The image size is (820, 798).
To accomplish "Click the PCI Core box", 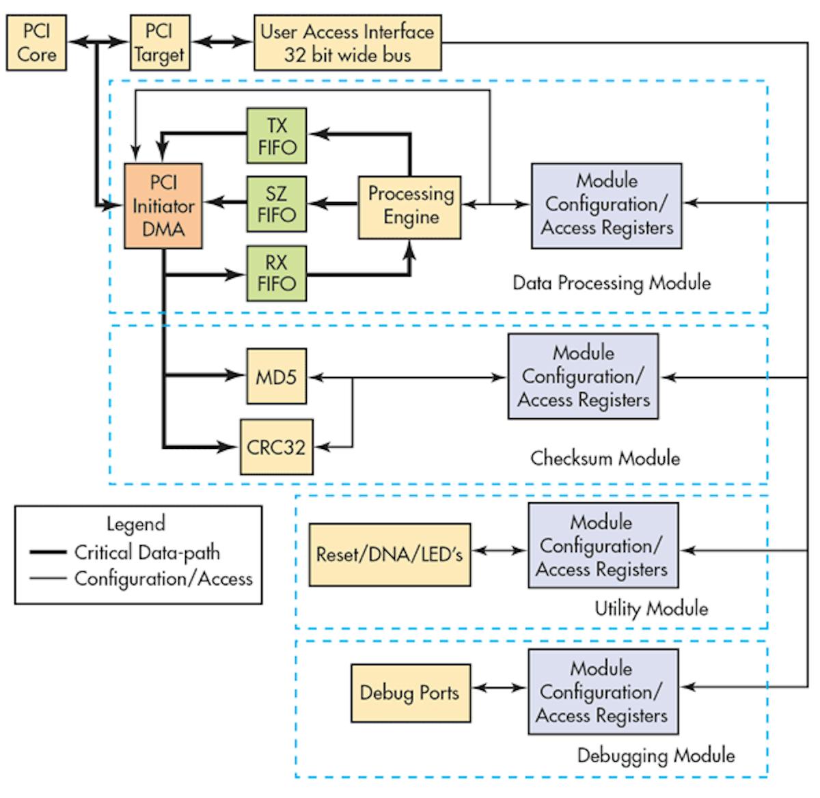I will point(36,44).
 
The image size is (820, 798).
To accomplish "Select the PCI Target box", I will point(159,44).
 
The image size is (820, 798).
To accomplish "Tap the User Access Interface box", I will point(347,43).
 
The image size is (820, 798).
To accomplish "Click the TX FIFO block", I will point(276,136).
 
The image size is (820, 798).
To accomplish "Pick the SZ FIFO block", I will point(276,204).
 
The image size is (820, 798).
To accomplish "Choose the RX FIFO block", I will point(276,273).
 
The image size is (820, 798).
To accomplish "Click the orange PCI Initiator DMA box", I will point(163,206).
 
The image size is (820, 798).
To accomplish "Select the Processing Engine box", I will point(410,206).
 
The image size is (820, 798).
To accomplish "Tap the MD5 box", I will point(276,376).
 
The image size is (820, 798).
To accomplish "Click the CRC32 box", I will point(276,447).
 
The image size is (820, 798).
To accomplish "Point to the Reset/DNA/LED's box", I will point(389,555).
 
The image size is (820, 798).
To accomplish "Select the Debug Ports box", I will point(410,693).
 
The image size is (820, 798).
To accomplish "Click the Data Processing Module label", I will point(612,283).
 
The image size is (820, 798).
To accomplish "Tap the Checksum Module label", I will point(605,458).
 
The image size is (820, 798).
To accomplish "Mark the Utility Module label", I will point(651,608).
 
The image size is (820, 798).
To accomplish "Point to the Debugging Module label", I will point(656,755).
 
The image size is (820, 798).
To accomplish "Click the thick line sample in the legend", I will point(48,552).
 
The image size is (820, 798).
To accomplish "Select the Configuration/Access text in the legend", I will point(163,579).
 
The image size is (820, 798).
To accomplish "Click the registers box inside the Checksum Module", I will point(583,376).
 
